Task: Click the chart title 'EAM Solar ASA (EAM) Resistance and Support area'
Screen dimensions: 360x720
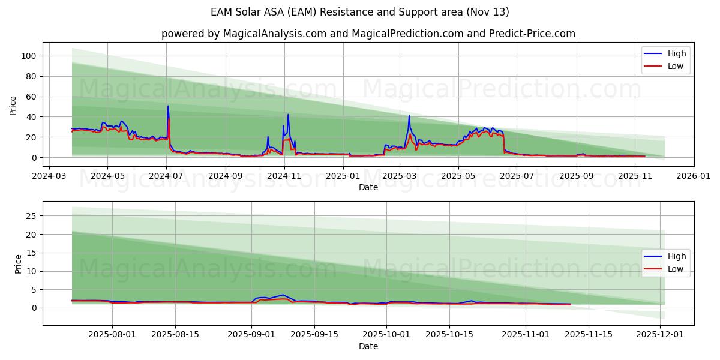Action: [360, 12]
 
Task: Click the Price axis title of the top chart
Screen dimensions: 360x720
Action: [13, 106]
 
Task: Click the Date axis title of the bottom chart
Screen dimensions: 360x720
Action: [368, 346]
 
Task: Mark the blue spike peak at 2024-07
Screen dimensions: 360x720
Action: [168, 106]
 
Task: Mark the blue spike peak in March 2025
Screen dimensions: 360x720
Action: [409, 116]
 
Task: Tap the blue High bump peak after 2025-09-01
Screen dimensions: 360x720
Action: [283, 295]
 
